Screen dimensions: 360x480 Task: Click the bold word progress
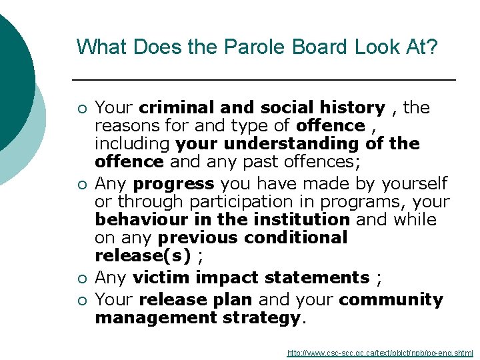[x=173, y=183]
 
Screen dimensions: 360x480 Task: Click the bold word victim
[x=159, y=277]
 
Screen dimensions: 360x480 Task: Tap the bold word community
[x=391, y=300]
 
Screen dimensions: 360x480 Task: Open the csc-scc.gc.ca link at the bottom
[x=380, y=353]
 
